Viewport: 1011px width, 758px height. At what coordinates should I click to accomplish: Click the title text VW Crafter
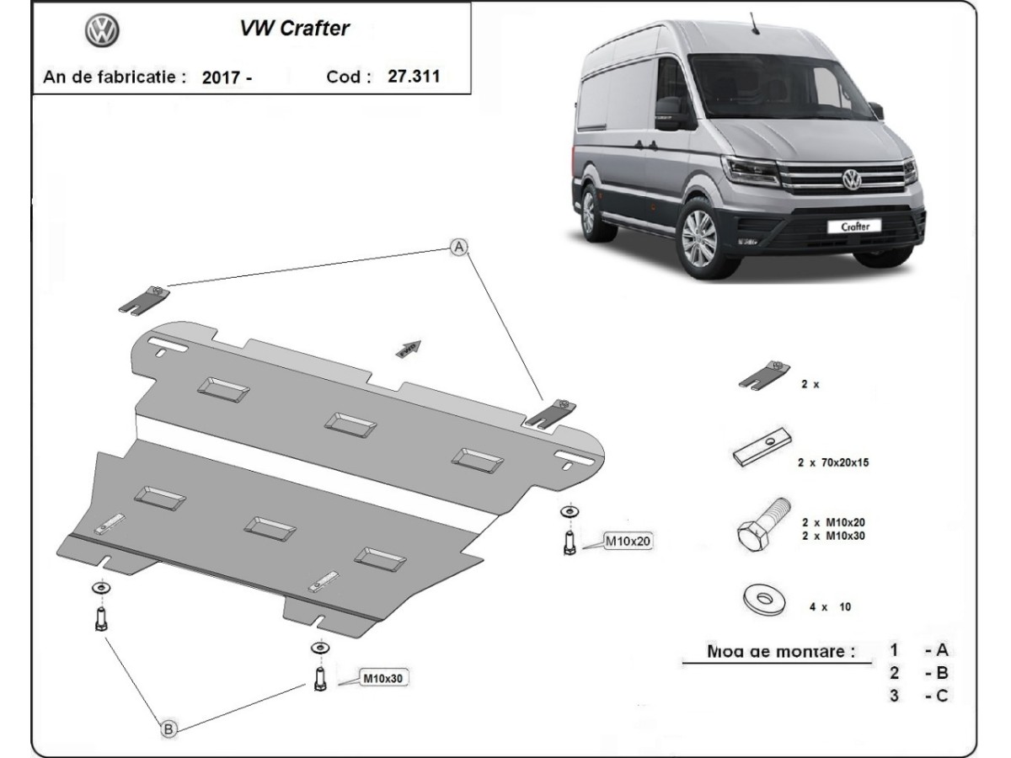point(294,29)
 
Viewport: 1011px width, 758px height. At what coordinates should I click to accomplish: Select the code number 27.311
point(414,76)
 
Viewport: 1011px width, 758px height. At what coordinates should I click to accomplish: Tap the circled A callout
point(458,247)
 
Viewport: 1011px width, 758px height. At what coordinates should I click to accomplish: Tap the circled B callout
point(168,729)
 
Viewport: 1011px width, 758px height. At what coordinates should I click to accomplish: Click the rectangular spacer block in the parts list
point(760,450)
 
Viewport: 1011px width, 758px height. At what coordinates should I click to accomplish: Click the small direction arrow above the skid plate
point(409,348)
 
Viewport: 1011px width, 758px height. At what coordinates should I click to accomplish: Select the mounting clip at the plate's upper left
point(149,298)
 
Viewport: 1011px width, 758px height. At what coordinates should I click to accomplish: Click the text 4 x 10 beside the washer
point(828,606)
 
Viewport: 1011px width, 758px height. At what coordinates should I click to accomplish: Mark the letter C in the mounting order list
point(942,696)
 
